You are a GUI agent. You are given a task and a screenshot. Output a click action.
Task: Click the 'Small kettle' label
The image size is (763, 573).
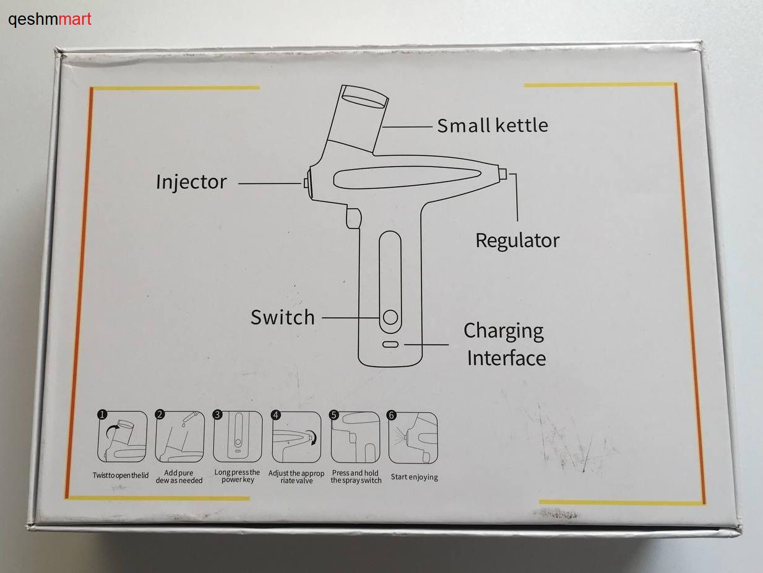point(493,125)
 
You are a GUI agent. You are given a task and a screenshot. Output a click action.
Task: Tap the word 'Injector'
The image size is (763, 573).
point(191,182)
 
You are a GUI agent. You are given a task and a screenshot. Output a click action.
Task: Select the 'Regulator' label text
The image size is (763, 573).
point(517,241)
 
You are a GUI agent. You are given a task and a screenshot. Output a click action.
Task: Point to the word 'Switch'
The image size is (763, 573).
point(282,317)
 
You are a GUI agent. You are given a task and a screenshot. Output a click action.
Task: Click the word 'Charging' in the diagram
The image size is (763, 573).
point(503,331)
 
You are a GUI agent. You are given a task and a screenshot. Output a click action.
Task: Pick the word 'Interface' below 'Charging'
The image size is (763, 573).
point(506,358)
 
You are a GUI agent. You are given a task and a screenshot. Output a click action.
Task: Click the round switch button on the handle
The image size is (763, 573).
point(390,317)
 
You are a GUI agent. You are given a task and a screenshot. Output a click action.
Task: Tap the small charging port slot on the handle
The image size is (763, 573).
point(390,344)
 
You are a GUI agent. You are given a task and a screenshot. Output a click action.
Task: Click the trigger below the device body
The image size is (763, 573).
point(353,218)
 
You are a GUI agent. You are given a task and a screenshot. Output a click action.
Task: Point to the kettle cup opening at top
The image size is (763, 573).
point(364,97)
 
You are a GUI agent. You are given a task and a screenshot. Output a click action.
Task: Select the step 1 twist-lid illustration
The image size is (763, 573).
point(122,437)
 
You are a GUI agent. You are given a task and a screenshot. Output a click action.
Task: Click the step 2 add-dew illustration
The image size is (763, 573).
point(179,437)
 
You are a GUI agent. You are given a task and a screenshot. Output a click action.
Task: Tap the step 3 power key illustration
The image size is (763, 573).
point(238,437)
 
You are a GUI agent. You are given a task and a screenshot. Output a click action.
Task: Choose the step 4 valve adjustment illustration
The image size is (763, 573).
point(296,437)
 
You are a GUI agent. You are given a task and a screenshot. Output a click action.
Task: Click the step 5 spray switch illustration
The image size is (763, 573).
point(355,437)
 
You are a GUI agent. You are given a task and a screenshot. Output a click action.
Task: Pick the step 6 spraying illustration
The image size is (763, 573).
point(413,438)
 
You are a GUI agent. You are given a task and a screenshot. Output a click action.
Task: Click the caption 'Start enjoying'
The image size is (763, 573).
point(414,477)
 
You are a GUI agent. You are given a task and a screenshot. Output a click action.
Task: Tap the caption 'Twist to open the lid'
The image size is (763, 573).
point(121,475)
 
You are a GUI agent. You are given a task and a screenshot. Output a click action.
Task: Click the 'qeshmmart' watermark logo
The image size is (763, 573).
point(50,19)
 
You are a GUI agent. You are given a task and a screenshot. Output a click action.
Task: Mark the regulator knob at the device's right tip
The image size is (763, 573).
point(502,173)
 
